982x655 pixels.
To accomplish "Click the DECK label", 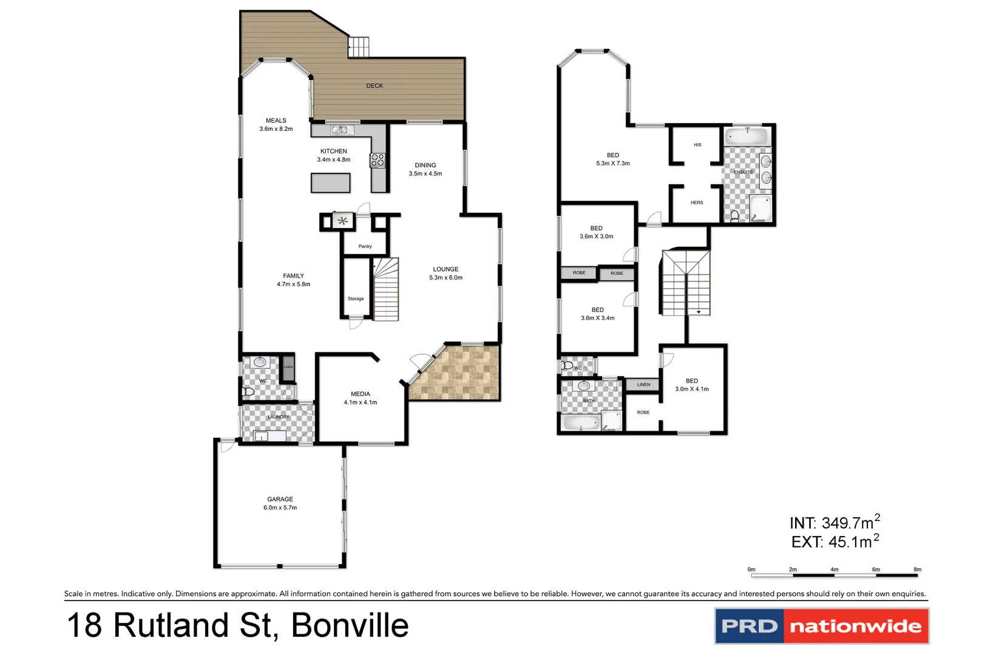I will pos(374,86).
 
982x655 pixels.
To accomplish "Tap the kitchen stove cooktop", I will pos(378,160).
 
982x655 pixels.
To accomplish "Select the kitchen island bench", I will pos(330,183).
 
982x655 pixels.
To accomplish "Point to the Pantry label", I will pos(365,246).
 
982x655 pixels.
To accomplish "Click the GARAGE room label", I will pos(280,499).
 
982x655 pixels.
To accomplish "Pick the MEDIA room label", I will pos(360,394).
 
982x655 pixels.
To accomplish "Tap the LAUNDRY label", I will pos(279,417).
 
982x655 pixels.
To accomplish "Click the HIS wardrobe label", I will pos(697,145).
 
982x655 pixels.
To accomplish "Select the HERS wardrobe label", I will pos(697,203).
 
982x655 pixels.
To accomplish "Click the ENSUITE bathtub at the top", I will pos(748,136).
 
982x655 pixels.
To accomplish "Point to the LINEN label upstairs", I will pos(643,385).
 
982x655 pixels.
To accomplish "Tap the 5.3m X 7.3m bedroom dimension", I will pos(612,164).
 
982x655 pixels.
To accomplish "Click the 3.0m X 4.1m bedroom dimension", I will pos(691,389).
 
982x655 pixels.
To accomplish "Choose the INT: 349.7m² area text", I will pos(834,523).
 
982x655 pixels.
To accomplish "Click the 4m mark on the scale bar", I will pos(834,570).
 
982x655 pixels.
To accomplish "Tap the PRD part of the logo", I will pos(750,626).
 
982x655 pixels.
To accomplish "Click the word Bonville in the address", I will pos(350,626).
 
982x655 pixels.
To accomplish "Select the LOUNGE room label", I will pos(445,269).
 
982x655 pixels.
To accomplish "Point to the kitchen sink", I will pos(342,130).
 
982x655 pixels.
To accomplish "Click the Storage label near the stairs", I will pos(356,299).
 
